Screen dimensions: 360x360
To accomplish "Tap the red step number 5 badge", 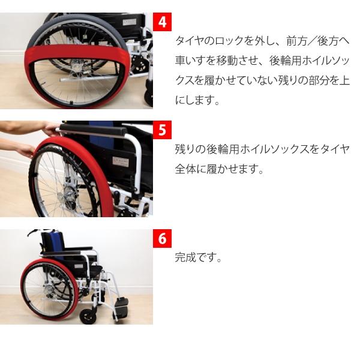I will pos(162,130).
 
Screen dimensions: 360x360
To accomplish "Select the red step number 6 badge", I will pos(162,238).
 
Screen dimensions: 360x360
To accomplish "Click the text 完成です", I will pos(199,259).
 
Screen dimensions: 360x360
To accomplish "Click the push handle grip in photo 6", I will pos(35,232).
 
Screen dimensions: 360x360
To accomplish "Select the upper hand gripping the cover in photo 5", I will pos(51,128).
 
